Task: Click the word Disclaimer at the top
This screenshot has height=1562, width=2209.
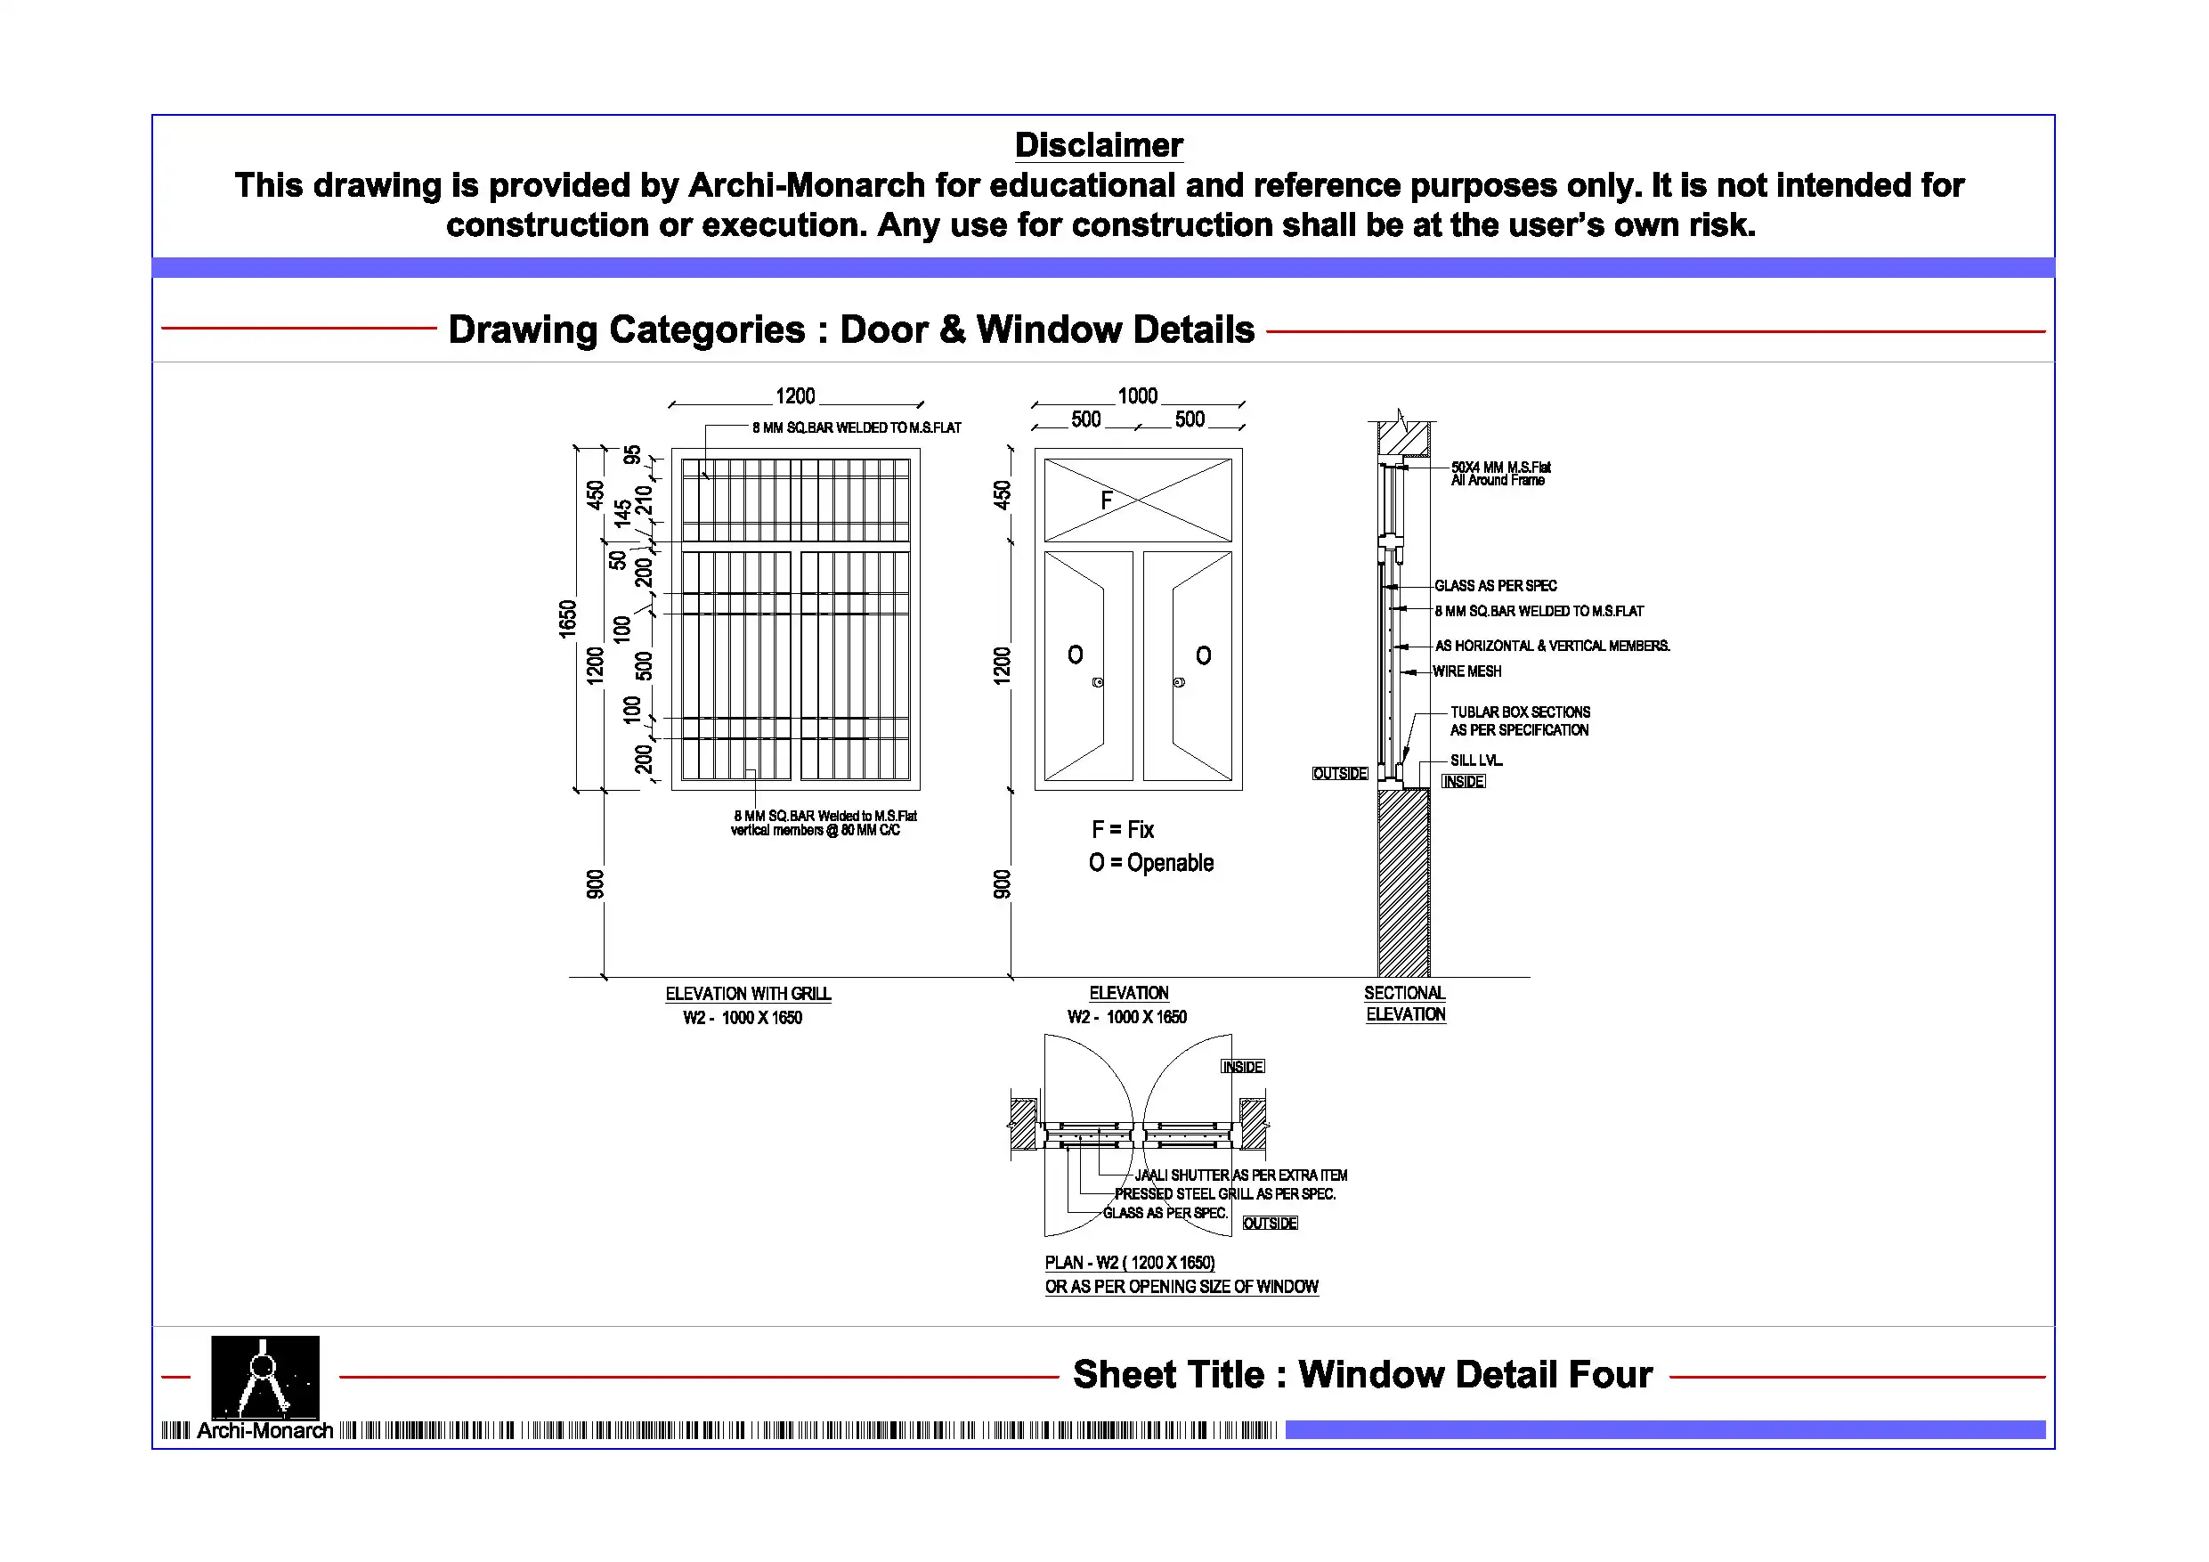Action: [x=1099, y=145]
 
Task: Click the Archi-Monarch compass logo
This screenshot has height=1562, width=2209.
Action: [x=264, y=1378]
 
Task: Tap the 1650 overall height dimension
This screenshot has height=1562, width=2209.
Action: [x=568, y=618]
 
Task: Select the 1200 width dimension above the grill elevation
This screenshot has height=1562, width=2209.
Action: [x=796, y=395]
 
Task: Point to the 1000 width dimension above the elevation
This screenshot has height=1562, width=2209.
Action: [x=1137, y=395]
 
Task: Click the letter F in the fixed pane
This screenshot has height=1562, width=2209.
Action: [x=1107, y=500]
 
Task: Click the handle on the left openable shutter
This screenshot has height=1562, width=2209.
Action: [x=1098, y=682]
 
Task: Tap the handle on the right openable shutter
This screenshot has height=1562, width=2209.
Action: [x=1179, y=682]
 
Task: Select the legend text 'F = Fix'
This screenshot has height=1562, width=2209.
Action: [x=1123, y=830]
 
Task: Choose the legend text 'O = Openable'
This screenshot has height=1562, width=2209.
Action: [x=1150, y=862]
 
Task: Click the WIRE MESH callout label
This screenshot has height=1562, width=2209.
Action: [x=1467, y=671]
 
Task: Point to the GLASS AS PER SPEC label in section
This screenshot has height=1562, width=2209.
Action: [x=1496, y=585]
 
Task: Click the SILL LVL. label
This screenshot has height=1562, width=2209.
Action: [x=1477, y=760]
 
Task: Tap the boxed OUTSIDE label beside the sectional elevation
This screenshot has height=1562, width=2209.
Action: [x=1340, y=774]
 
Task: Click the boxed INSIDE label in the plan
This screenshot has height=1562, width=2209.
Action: [x=1243, y=1066]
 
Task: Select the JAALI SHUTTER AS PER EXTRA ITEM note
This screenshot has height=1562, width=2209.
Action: [x=1241, y=1176]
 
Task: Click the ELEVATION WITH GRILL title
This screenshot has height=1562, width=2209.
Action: [x=749, y=993]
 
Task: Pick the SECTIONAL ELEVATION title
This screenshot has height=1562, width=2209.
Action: [x=1406, y=1003]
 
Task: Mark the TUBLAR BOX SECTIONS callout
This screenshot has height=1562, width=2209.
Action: [x=1520, y=712]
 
